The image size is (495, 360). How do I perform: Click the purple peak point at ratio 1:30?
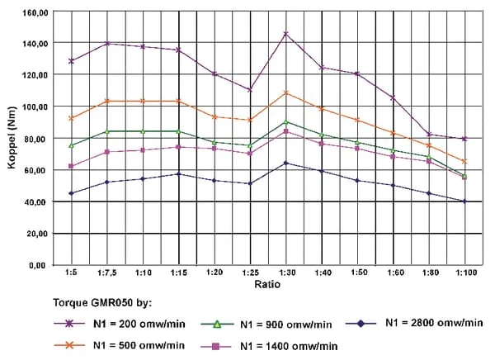[285, 34]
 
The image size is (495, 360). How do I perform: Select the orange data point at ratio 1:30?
[285, 92]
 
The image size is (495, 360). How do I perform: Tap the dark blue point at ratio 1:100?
[464, 201]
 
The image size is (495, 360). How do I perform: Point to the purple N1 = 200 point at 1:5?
[72, 60]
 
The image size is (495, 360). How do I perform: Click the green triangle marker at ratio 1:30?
[285, 121]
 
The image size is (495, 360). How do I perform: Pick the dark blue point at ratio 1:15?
[179, 174]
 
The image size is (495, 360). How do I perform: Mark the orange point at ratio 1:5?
[72, 118]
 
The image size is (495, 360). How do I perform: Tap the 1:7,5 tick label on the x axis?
[108, 273]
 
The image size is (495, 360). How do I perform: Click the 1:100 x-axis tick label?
[464, 273]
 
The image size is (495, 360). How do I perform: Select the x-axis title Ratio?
[266, 285]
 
